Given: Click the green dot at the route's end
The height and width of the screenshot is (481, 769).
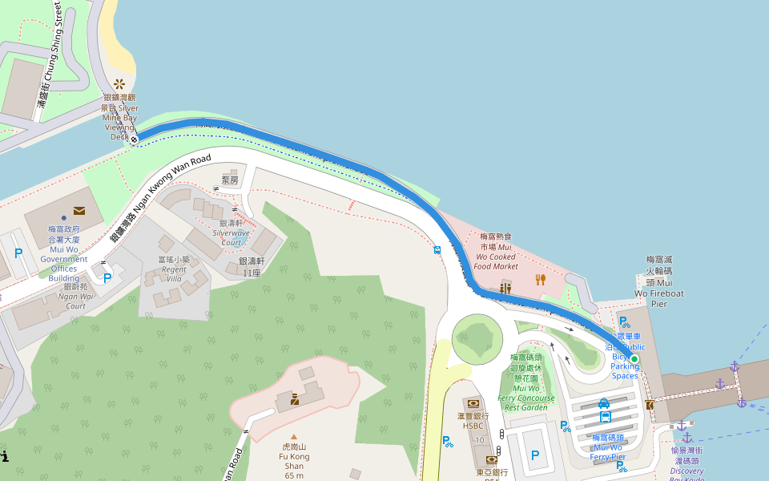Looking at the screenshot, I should tap(634, 358).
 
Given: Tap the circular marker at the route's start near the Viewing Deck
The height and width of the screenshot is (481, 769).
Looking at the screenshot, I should tap(135, 139).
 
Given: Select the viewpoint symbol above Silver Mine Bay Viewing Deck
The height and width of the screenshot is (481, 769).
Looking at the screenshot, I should tap(119, 83).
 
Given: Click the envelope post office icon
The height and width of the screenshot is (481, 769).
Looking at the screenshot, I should tap(79, 211).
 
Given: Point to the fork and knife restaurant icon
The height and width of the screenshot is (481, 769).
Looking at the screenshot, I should tap(541, 280).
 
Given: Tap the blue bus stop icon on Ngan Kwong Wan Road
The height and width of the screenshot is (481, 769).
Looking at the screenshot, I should tap(437, 249).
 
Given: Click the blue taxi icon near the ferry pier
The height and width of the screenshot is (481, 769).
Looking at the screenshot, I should tap(604, 403).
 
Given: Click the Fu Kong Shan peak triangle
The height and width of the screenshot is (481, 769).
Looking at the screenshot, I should tap(293, 437).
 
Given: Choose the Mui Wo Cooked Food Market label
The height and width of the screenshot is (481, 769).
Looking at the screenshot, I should tap(495, 251).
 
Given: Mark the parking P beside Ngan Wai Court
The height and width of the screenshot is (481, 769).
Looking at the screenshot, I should tap(107, 277).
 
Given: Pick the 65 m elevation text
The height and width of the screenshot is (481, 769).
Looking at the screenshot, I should tap(294, 475).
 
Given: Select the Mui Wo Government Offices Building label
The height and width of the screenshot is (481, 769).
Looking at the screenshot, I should tap(63, 259).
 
